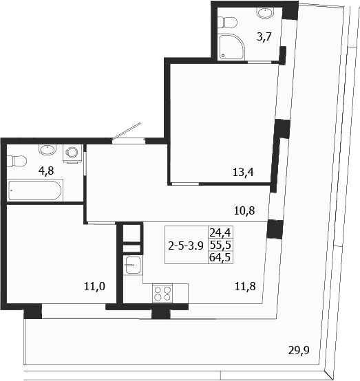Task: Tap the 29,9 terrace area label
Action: (299, 349)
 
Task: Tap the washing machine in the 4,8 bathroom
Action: (71, 153)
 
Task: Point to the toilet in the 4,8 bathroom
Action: (16, 162)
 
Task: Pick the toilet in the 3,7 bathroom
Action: (264, 12)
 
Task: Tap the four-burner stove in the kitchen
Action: (162, 294)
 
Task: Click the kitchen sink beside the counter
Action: (132, 264)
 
